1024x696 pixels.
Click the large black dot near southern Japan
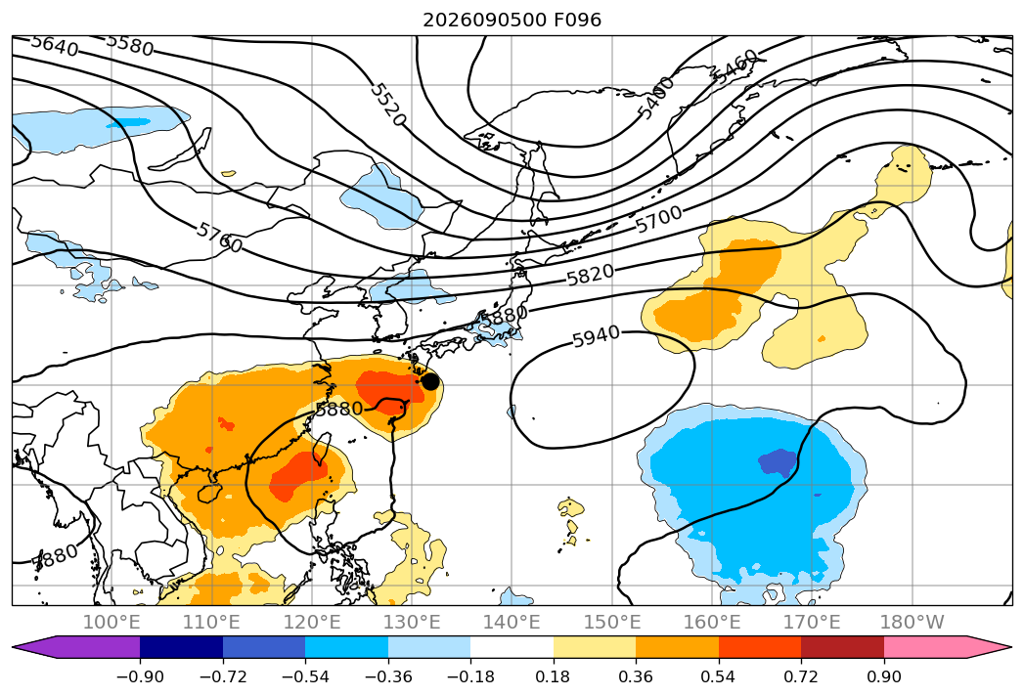[x=429, y=381]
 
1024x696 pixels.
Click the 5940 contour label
[x=596, y=337]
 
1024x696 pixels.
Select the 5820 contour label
[x=590, y=275]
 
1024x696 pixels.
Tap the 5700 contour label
[x=659, y=219]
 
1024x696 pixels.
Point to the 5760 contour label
[x=219, y=237]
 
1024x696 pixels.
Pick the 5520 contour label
[x=388, y=105]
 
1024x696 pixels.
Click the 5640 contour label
[x=55, y=46]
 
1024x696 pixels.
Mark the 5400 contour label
[x=655, y=98]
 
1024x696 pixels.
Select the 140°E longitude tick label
[x=512, y=623]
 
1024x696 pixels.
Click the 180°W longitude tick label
[x=912, y=623]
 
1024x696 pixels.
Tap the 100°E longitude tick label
[x=111, y=623]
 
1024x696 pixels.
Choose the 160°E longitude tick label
[x=712, y=623]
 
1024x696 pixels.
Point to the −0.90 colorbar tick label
[x=140, y=677]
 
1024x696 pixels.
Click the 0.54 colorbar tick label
[x=719, y=677]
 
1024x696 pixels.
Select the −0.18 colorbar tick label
[x=470, y=677]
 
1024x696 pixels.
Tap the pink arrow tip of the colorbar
[x=1011, y=646]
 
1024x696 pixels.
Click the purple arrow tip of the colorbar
[x=13, y=646]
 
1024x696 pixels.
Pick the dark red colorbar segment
[x=842, y=646]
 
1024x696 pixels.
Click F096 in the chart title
[x=577, y=20]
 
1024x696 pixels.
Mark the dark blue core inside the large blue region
[x=779, y=462]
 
